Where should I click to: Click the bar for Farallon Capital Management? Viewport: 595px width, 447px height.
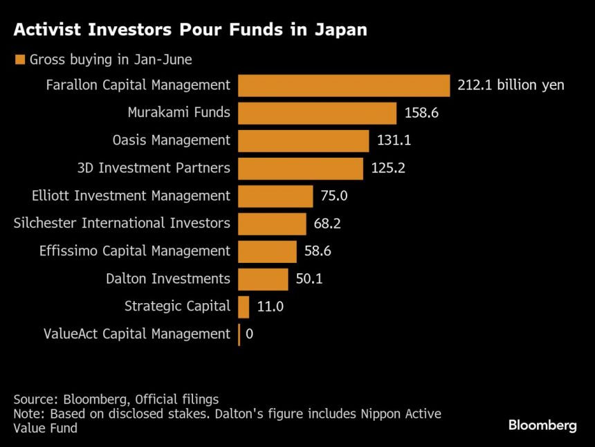tap(344, 85)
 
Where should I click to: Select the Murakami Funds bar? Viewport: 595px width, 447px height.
tap(317, 113)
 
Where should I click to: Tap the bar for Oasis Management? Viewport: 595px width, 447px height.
tap(303, 140)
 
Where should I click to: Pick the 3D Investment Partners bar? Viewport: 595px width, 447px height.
tap(300, 168)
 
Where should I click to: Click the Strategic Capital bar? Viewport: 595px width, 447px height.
tap(244, 307)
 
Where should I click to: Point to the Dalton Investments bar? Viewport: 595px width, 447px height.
tap(263, 279)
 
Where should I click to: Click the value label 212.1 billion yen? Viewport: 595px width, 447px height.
tap(511, 85)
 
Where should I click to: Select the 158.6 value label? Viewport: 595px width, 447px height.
tap(421, 113)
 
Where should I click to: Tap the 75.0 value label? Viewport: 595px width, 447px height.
tap(334, 196)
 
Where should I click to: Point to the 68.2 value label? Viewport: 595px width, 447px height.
tap(327, 223)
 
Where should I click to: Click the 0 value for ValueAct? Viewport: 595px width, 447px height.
tap(250, 334)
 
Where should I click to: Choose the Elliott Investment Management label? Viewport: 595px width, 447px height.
tap(131, 196)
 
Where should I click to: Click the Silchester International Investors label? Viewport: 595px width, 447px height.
tap(122, 223)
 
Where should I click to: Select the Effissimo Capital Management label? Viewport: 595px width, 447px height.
tap(134, 251)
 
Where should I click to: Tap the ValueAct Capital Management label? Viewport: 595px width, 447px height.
tap(136, 334)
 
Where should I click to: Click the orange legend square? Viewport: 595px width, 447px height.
tap(19, 60)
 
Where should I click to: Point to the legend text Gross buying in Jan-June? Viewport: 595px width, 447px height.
tap(111, 60)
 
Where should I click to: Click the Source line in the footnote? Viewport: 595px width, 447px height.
tap(116, 399)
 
